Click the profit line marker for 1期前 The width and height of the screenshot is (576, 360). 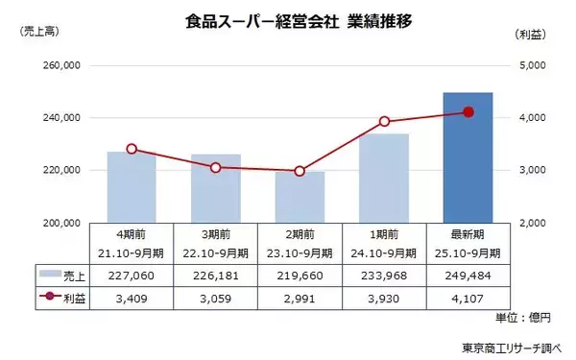pyautogui.click(x=384, y=121)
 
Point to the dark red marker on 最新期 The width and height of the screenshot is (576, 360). pyautogui.click(x=468, y=112)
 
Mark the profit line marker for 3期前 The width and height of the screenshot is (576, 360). pyautogui.click(x=216, y=167)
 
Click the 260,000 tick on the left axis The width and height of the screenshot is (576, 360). pyautogui.click(x=62, y=66)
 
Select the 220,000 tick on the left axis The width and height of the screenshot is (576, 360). pyautogui.click(x=62, y=170)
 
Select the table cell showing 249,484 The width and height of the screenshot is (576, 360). pyautogui.click(x=468, y=275)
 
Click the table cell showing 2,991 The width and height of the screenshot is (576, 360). pyautogui.click(x=300, y=299)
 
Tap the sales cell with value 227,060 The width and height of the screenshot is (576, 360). pyautogui.click(x=132, y=275)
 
